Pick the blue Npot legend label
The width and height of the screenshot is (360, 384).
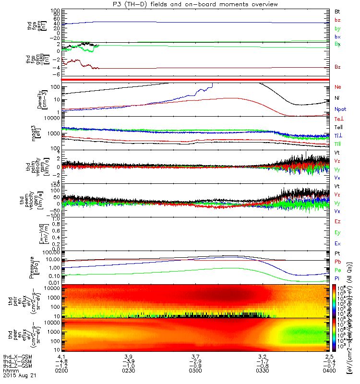(339, 109)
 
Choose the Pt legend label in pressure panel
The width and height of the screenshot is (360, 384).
(337, 253)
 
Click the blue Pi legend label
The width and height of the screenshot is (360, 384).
(337, 278)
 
